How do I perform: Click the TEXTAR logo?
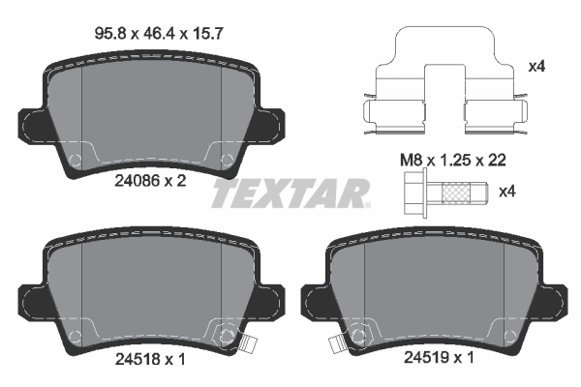click(x=290, y=193)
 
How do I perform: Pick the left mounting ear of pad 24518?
click(x=31, y=300)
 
